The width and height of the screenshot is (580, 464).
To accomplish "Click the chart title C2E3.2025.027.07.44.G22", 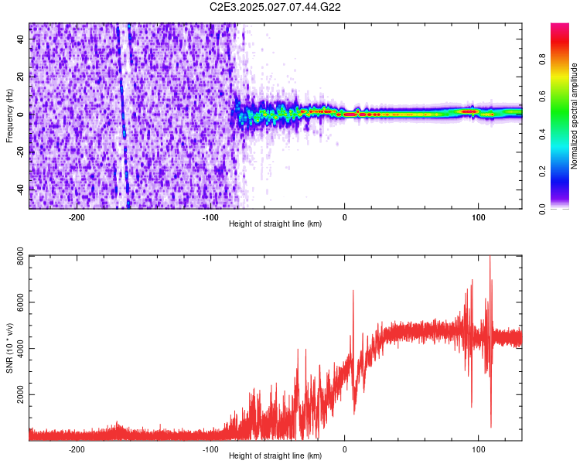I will click(276, 7).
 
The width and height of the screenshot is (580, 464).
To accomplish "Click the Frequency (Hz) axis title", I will click(9, 117).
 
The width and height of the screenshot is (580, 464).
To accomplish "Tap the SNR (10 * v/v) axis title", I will click(9, 349).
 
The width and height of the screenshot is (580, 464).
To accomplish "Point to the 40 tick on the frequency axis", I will click(22, 40).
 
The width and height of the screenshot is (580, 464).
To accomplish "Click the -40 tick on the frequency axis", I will click(20, 189).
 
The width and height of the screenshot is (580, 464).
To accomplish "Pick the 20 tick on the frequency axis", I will click(22, 77).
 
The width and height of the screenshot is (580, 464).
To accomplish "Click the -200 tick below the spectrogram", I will click(77, 217).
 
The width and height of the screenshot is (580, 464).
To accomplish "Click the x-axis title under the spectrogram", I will click(275, 224).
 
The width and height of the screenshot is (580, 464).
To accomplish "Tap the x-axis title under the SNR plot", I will click(275, 456).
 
